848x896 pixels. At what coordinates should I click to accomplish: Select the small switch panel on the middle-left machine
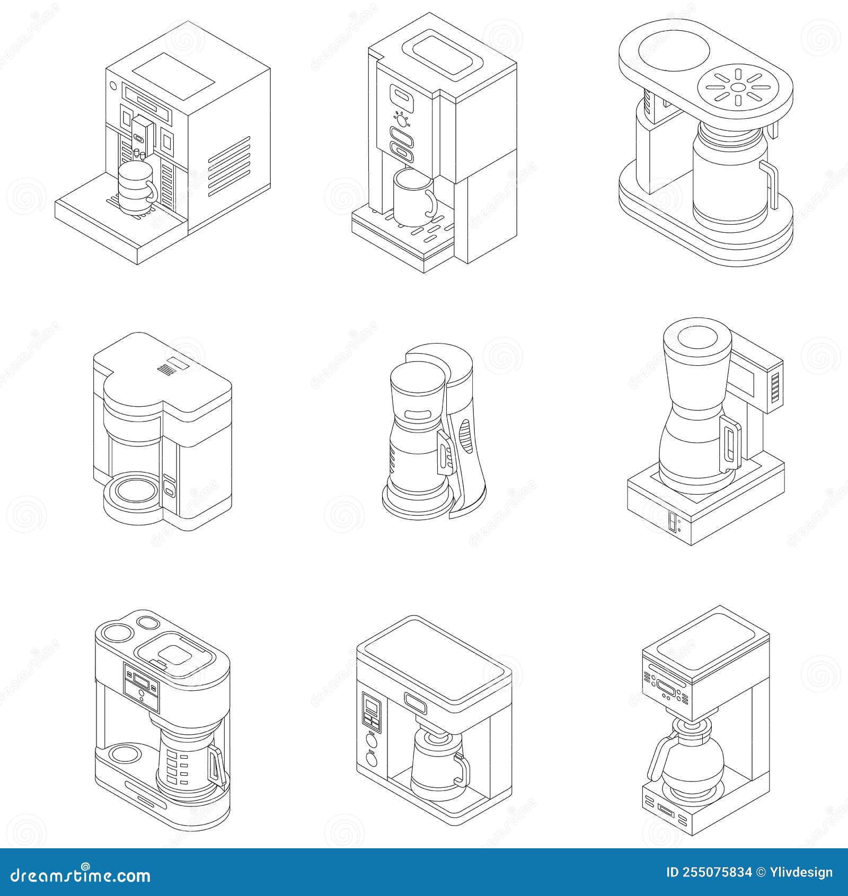click(169, 486)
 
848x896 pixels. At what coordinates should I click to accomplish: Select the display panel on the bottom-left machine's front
click(141, 687)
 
